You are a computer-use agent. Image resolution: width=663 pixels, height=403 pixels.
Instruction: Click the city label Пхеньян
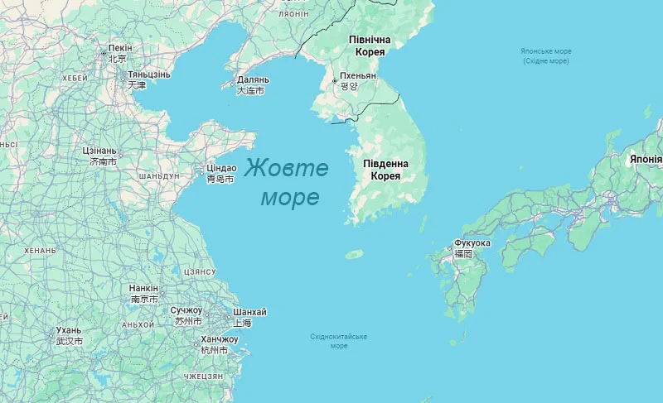point(357,75)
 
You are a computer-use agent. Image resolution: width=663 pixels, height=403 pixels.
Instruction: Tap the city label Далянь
point(252,79)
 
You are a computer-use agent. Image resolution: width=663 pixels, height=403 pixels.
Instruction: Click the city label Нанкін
point(143,288)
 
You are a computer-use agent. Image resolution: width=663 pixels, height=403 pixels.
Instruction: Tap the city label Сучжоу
point(186,310)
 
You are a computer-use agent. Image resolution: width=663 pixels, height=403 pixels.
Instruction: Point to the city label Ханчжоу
point(219,339)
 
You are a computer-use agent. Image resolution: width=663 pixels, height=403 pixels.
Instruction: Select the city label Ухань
point(69,330)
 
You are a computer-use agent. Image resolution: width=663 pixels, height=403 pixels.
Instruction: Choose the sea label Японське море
point(546,51)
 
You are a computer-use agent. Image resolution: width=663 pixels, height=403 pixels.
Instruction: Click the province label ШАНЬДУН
point(158,176)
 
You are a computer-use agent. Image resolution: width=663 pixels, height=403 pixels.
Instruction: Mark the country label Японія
point(646,159)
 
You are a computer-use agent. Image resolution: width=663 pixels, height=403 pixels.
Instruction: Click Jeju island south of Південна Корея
point(355,255)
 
